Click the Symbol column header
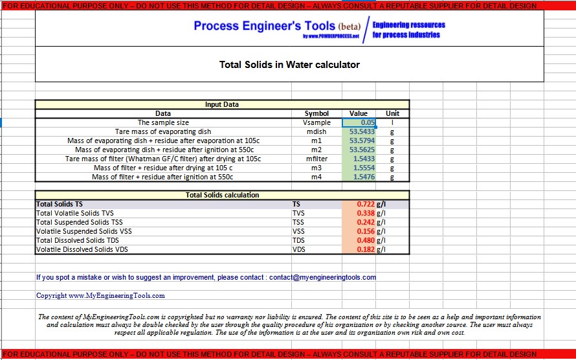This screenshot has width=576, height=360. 316,113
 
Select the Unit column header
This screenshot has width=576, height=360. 392,113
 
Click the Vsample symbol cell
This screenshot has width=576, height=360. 316,122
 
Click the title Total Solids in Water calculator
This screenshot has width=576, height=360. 289,65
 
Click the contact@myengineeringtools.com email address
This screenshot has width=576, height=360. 322,277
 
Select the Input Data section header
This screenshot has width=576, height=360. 222,104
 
